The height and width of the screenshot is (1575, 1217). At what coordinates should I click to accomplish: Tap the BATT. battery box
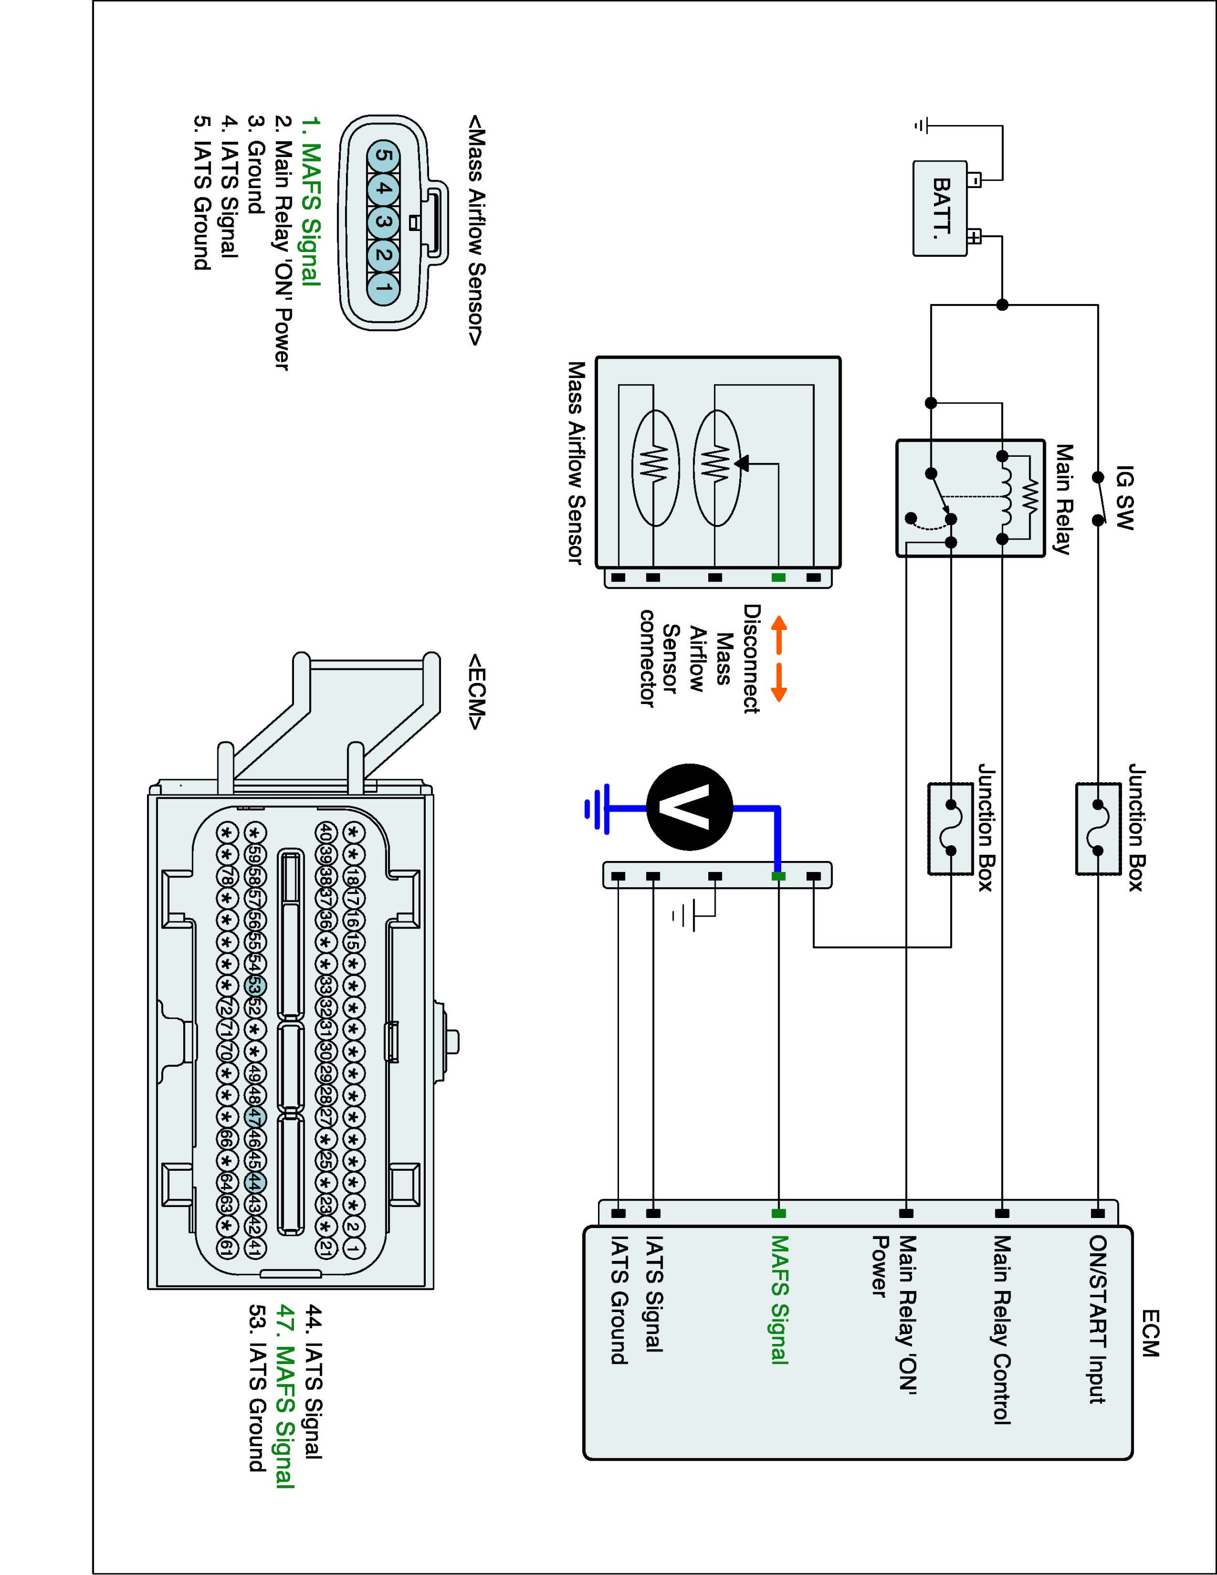941,208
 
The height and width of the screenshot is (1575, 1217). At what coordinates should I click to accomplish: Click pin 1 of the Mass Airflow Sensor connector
384,288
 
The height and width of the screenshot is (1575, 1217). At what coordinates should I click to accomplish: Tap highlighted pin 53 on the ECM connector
255,986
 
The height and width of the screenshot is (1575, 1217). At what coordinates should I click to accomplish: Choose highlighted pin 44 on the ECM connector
255,1182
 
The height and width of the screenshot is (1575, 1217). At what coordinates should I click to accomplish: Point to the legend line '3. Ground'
255,165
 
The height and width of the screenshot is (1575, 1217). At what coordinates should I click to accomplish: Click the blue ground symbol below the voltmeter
597,808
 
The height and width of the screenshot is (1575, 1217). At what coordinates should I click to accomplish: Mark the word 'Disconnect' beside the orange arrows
751,659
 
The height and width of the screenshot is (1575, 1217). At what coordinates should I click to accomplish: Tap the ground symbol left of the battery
919,126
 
